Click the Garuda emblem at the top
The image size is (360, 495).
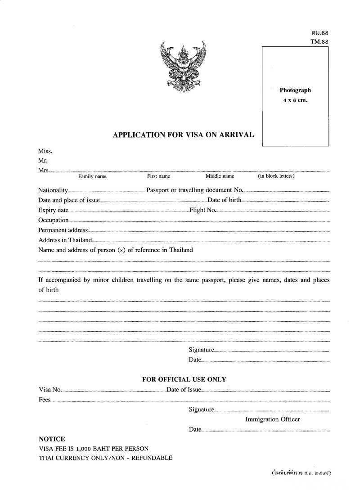tap(183, 66)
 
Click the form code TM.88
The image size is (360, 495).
tap(319, 41)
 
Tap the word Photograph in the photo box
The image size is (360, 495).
tap(295, 90)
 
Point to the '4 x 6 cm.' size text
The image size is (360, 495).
tap(295, 100)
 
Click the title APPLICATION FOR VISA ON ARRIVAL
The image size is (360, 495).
tap(183, 135)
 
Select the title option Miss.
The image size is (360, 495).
tap(45, 151)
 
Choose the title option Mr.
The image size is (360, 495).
tap(43, 160)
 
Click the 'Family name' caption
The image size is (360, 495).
tap(92, 176)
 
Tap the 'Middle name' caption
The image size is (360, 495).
tap(220, 176)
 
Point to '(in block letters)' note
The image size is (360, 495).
tap(276, 176)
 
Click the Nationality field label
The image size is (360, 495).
tap(53, 190)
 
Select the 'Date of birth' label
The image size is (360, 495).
tap(225, 200)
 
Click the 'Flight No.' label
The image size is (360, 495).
tap(203, 210)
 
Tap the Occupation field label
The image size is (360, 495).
tap(54, 220)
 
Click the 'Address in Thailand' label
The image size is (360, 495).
tap(65, 240)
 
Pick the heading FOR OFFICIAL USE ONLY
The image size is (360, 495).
tap(184, 379)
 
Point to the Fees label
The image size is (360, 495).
tap(45, 400)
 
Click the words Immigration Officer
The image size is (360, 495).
tap(272, 419)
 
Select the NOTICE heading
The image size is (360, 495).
tap(52, 439)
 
